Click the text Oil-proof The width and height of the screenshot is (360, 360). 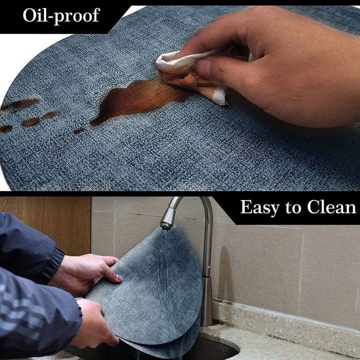pos(61,16)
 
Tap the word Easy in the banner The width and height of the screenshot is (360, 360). pos(260,207)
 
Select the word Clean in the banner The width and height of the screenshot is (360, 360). pos(331,207)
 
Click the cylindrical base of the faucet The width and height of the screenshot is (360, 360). pos(206,301)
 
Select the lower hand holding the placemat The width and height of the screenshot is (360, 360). pos(94,324)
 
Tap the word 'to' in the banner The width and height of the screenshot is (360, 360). pos(293,207)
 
